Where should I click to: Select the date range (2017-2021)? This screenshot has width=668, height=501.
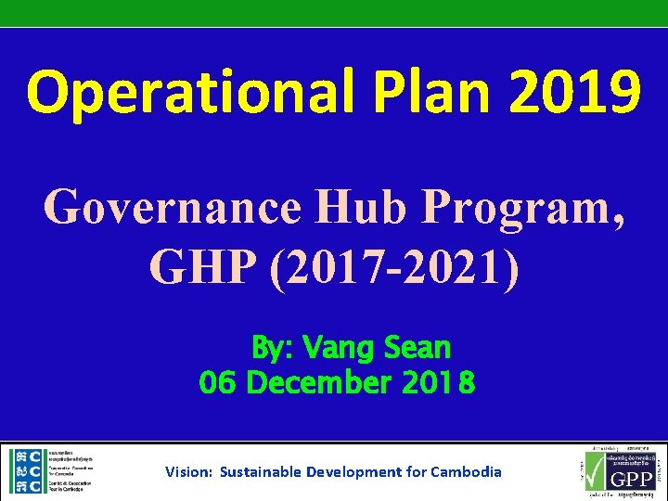(396, 268)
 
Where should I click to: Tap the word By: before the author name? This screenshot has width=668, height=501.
(272, 349)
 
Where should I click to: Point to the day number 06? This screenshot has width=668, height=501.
(219, 382)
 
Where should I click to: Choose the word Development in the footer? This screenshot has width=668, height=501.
(356, 471)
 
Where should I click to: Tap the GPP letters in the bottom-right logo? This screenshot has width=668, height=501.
(631, 481)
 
